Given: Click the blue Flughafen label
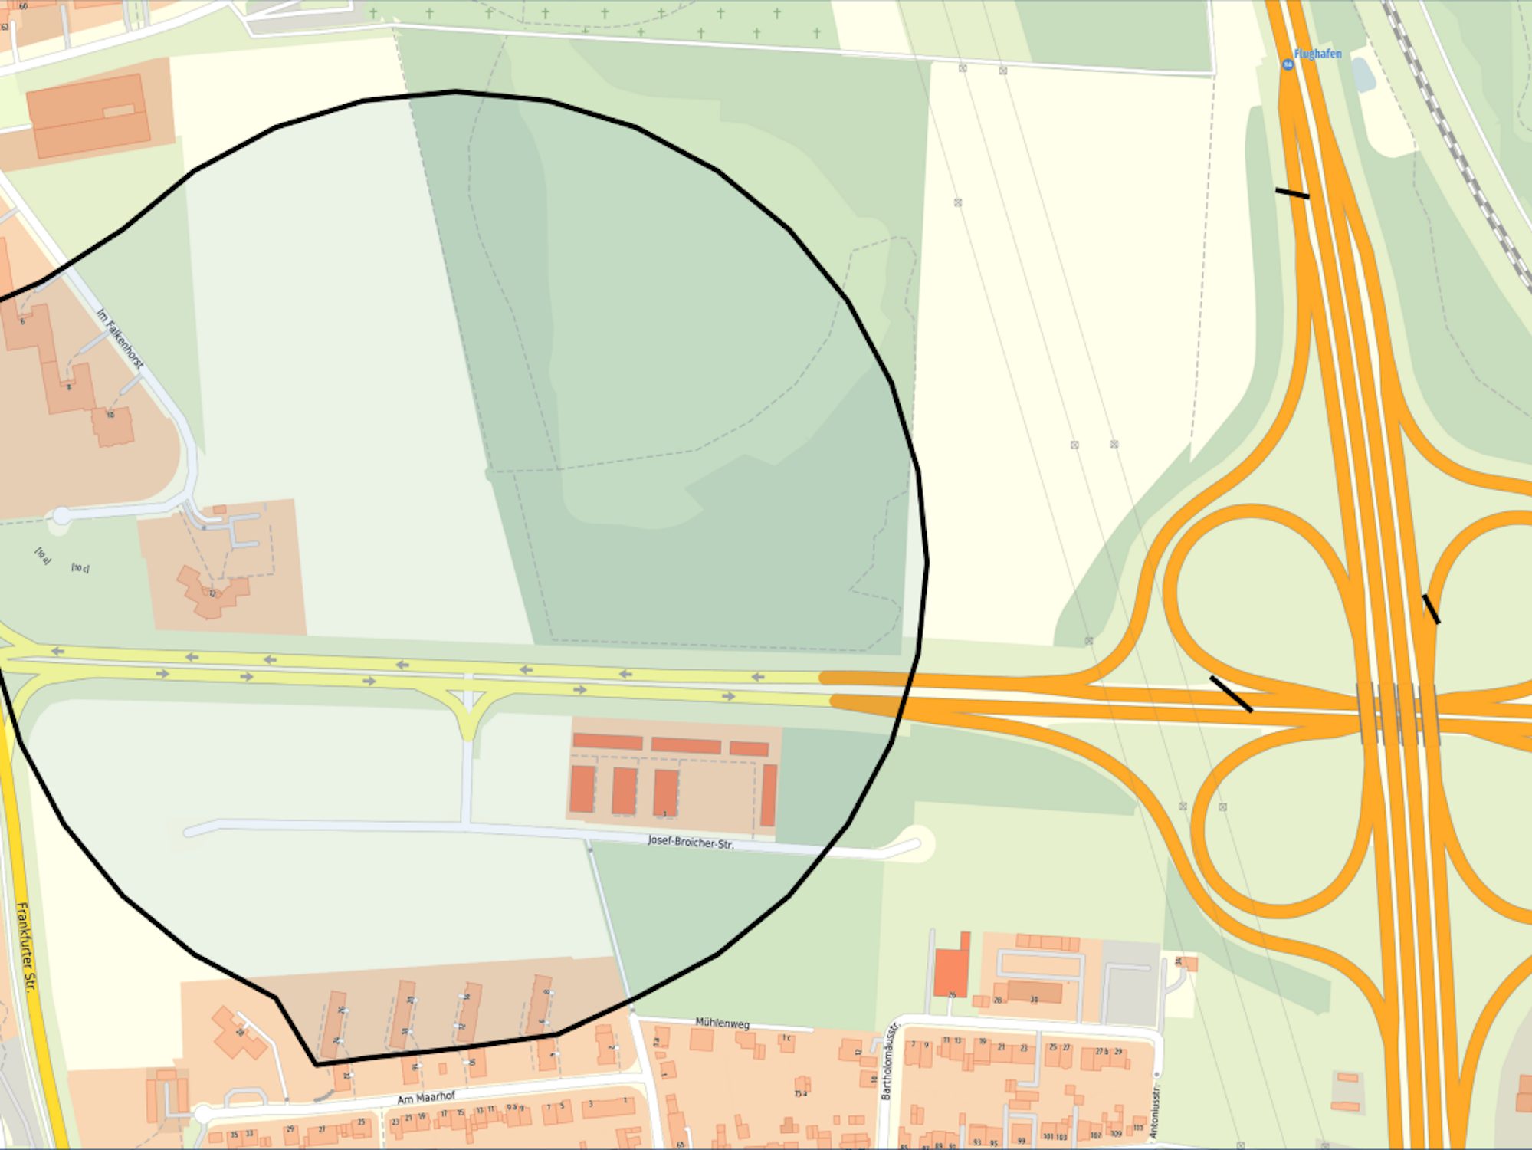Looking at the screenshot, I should click(x=1317, y=54).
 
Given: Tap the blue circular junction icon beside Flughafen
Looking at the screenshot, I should click(x=1288, y=64).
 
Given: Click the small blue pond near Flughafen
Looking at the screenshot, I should click(x=1363, y=74).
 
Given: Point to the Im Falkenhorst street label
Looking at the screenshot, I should click(x=120, y=338).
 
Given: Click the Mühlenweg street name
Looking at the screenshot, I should click(x=722, y=1023).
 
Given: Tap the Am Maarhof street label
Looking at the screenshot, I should click(x=426, y=1098).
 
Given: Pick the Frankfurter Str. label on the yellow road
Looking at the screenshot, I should click(x=25, y=947).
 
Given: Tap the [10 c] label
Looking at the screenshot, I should click(x=80, y=568).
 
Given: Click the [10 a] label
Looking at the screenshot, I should click(x=43, y=556).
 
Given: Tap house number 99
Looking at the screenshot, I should click(x=1021, y=1141).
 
